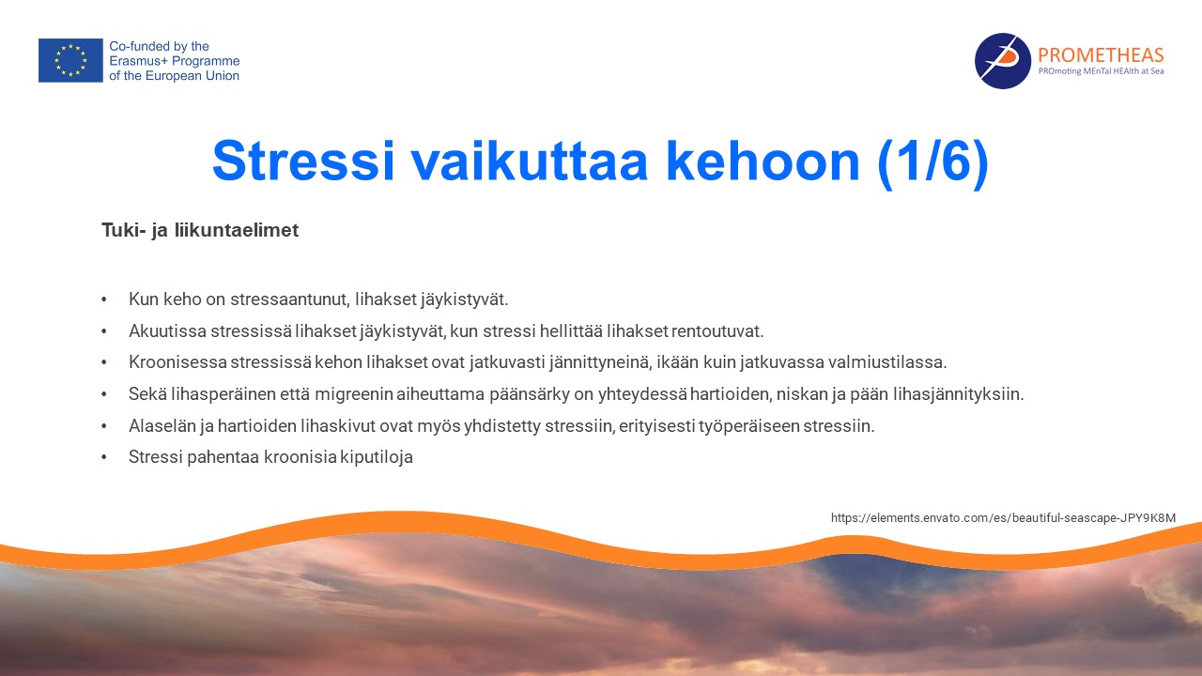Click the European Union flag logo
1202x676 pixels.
pos(70,60)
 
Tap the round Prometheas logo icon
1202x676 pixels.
pos(1002,61)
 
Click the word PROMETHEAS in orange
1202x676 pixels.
pos(1101,54)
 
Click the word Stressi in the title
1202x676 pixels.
pos(303,161)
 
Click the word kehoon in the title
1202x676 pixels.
pos(763,161)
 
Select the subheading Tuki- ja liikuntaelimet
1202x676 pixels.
pos(200,230)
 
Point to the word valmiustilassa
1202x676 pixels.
pos(887,362)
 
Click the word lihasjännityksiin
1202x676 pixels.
pos(959,394)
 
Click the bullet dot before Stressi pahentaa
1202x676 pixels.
pos(104,457)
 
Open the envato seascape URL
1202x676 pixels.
pos(1003,517)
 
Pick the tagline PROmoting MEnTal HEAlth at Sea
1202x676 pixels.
pos(1101,71)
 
